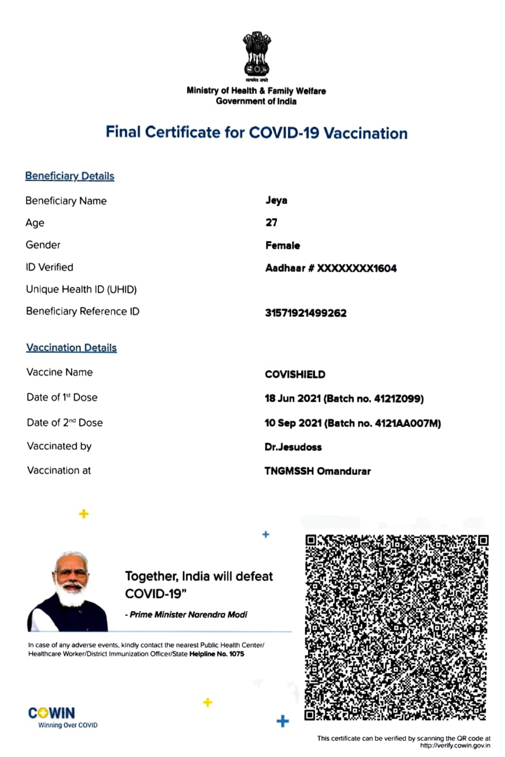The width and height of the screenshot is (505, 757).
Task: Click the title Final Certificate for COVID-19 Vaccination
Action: [x=257, y=133]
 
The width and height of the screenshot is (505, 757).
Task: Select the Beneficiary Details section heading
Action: [x=70, y=176]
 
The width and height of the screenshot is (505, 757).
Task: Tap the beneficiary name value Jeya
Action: [x=276, y=200]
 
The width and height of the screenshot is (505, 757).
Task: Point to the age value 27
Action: [x=271, y=223]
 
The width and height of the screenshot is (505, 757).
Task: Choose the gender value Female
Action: [x=283, y=245]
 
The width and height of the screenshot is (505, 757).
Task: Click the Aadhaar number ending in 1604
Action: [x=331, y=268]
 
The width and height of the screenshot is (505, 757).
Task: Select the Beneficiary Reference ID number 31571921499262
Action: [x=306, y=313]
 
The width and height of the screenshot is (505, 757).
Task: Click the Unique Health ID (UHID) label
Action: [x=81, y=289]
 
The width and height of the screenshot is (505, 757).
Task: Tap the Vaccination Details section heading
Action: [x=71, y=348]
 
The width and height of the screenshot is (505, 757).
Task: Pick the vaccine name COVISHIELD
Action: [x=295, y=374]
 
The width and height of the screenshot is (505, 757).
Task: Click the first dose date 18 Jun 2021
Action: [x=292, y=398]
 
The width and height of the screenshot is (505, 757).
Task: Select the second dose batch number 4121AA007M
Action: [x=406, y=423]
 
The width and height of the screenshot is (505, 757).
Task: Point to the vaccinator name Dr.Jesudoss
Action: [x=293, y=447]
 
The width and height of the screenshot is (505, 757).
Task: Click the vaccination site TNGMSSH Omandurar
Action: [x=318, y=471]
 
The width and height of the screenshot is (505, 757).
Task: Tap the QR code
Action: [x=396, y=627]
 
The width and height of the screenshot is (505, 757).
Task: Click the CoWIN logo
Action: [x=52, y=713]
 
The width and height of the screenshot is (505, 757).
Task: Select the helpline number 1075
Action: [x=236, y=654]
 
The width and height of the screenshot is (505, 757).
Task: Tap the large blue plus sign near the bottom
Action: [x=283, y=721]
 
